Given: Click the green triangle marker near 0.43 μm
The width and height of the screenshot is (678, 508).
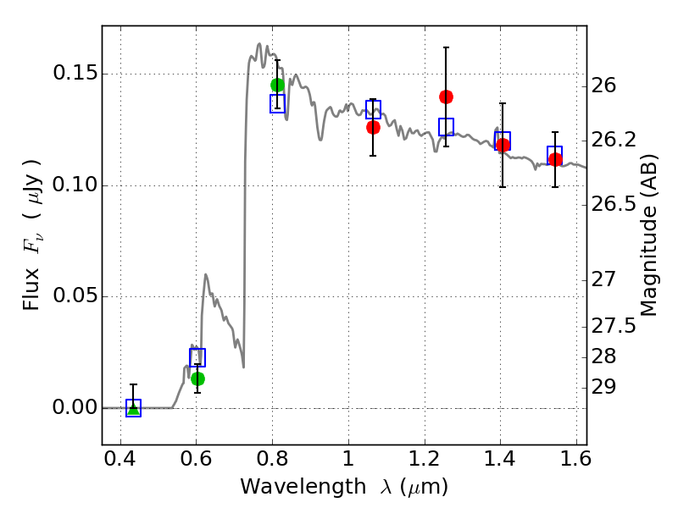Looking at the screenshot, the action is tap(134, 408).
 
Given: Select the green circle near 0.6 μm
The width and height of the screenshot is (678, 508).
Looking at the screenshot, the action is tap(197, 378).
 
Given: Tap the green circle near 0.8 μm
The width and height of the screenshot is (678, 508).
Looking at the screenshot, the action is tap(278, 86).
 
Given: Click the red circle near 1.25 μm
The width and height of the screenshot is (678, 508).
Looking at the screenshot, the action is tap(447, 97).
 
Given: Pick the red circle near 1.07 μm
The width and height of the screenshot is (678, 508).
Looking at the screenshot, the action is tap(373, 128).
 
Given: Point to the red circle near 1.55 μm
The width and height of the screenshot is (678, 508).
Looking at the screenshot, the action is tap(555, 159).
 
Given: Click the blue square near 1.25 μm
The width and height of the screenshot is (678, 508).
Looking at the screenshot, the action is tap(447, 126).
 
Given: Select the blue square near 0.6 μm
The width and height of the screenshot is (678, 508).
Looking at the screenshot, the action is tap(197, 357).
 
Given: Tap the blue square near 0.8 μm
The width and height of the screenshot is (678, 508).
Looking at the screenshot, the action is tap(278, 103).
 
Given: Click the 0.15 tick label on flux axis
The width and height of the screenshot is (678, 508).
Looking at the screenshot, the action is tap(75, 73).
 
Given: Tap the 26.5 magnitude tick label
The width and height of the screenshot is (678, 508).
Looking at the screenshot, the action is tap(614, 204).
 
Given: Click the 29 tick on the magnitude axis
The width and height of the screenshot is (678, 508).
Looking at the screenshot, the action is tap(603, 387).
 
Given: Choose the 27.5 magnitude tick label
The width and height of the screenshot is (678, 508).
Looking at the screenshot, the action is tap(614, 326).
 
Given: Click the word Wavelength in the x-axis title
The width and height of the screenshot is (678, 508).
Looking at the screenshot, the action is tap(303, 487).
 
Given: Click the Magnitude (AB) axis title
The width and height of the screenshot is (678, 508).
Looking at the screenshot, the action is tap(648, 235).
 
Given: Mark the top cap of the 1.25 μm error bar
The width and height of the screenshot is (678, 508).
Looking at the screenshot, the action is tap(447, 47).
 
